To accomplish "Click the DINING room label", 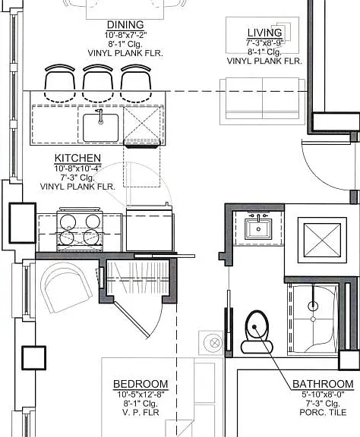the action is [125, 25].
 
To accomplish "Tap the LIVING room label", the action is [264, 33].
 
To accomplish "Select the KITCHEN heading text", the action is [77, 158].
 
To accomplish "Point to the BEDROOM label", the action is [141, 384].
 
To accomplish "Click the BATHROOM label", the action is [323, 384].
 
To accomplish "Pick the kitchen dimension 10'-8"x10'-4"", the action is [78, 168].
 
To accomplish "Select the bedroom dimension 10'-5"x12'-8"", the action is [141, 395].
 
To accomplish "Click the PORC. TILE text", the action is [323, 412].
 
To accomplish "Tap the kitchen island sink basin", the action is [101, 127].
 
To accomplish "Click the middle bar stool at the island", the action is [98, 83].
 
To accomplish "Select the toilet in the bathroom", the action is [257, 332].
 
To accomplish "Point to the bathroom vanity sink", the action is [258, 229].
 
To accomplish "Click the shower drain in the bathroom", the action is [313, 319].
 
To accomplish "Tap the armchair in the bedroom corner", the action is [66, 288].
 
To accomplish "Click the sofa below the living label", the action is [262, 101].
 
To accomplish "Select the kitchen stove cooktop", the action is [80, 230].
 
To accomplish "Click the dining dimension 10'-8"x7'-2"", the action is [125, 35].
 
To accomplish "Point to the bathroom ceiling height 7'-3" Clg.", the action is [323, 404].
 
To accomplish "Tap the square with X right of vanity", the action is [322, 240].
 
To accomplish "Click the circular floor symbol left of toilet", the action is [213, 343].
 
